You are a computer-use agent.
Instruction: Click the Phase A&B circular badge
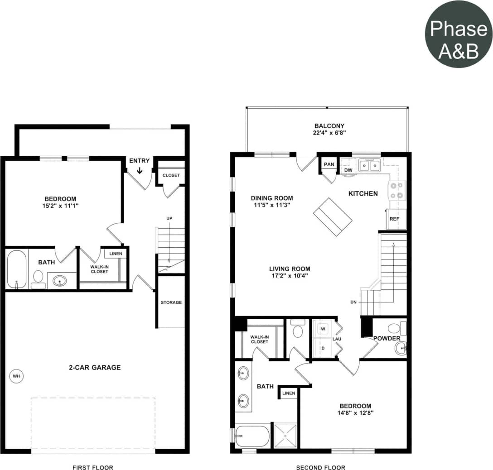[458, 34]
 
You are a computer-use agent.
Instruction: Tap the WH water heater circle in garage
[16, 376]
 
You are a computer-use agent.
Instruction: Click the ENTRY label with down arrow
[139, 166]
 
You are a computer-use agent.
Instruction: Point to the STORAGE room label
[171, 302]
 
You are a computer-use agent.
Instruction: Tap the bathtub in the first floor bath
[17, 269]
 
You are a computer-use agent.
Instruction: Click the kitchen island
[333, 216]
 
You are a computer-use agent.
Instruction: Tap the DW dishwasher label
[348, 170]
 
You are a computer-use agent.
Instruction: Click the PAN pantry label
[329, 164]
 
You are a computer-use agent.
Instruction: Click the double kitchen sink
[369, 166]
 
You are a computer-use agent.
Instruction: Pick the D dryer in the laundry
[323, 348]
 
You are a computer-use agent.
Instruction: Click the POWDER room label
[387, 339]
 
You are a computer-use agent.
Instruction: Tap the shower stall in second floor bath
[285, 435]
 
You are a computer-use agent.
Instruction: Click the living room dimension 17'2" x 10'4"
[290, 272]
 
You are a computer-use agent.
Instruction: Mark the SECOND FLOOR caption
[320, 467]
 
